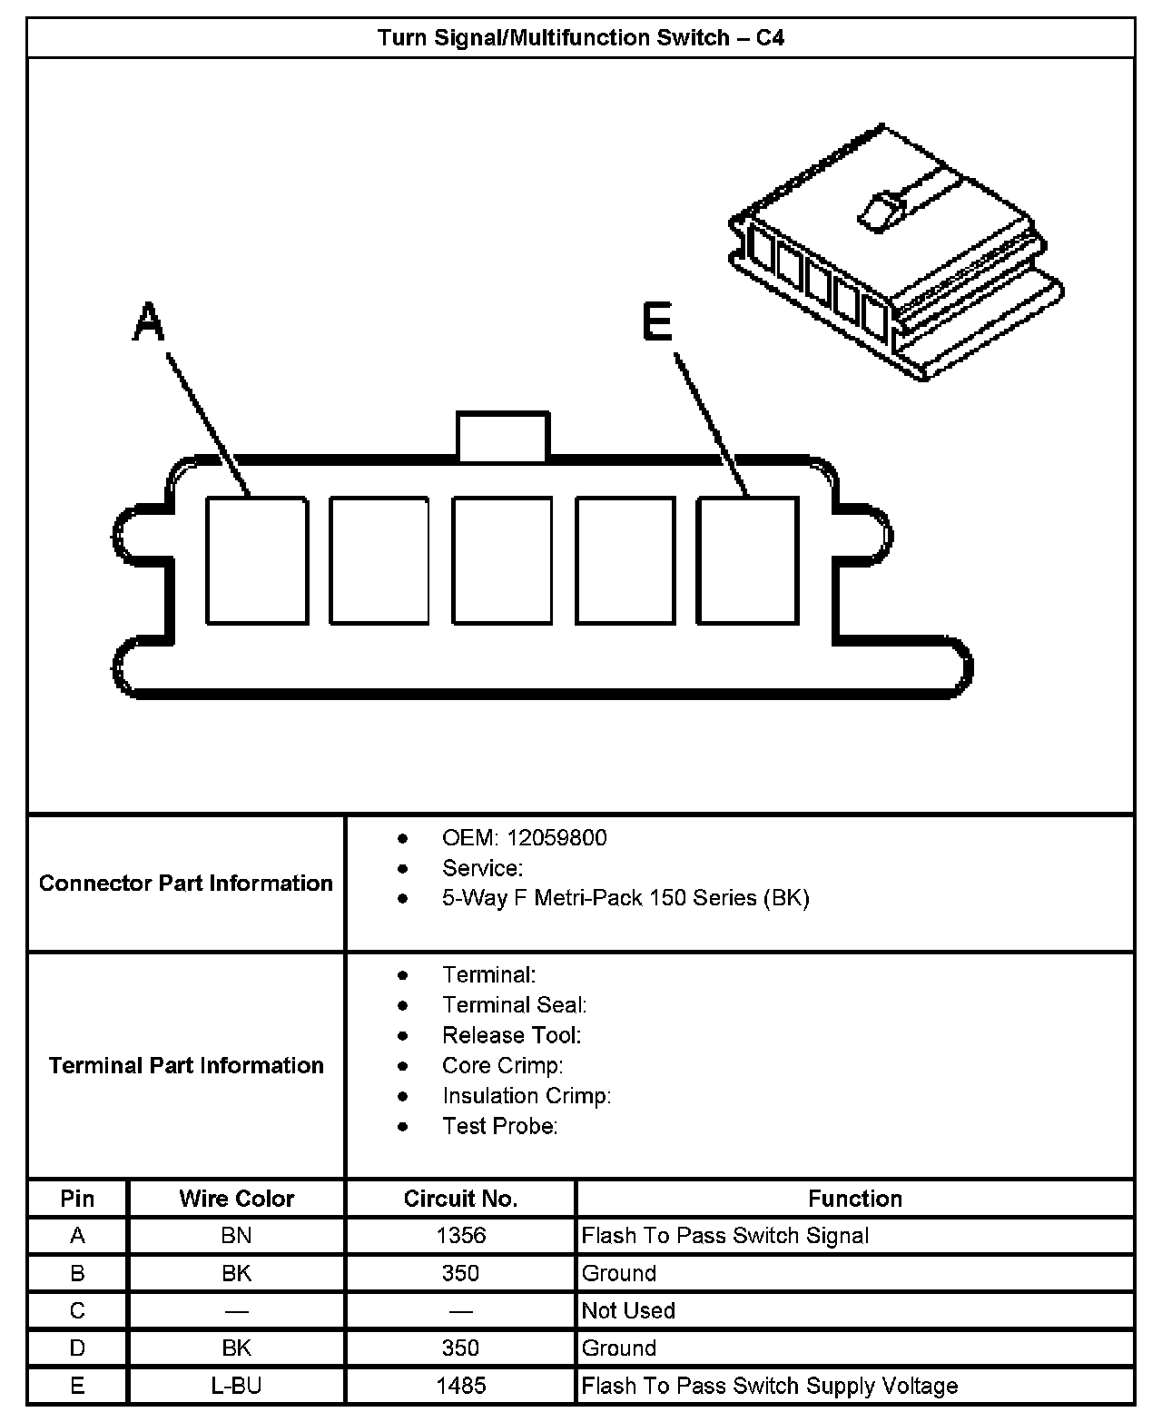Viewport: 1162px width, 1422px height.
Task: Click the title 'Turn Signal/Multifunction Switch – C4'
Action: tap(581, 38)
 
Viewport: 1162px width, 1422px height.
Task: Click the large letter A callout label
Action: tap(149, 323)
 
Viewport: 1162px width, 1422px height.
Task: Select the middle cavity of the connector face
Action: tap(502, 560)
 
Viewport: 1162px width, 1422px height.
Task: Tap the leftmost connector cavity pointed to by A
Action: tap(256, 560)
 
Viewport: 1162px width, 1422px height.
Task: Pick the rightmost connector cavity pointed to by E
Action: tap(747, 560)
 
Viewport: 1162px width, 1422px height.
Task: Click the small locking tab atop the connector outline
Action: tap(502, 437)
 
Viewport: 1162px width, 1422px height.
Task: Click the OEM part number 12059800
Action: tap(556, 837)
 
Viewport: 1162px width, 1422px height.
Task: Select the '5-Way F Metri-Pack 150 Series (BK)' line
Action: tap(625, 898)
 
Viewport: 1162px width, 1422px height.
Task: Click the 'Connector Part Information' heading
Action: tap(186, 884)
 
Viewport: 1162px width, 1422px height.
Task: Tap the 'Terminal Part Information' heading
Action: tap(186, 1065)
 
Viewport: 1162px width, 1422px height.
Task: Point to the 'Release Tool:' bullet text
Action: tap(511, 1035)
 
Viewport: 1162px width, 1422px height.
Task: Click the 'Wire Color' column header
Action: tap(237, 1199)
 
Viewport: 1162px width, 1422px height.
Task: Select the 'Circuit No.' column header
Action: tap(460, 1199)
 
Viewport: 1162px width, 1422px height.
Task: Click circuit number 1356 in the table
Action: tap(460, 1236)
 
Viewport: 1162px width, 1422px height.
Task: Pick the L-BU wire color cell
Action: tap(237, 1386)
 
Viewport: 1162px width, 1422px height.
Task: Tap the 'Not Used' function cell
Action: tap(628, 1310)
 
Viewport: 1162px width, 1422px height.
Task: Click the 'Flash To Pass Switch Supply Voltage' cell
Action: tap(769, 1386)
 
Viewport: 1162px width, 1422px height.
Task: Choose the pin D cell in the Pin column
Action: tap(77, 1348)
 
